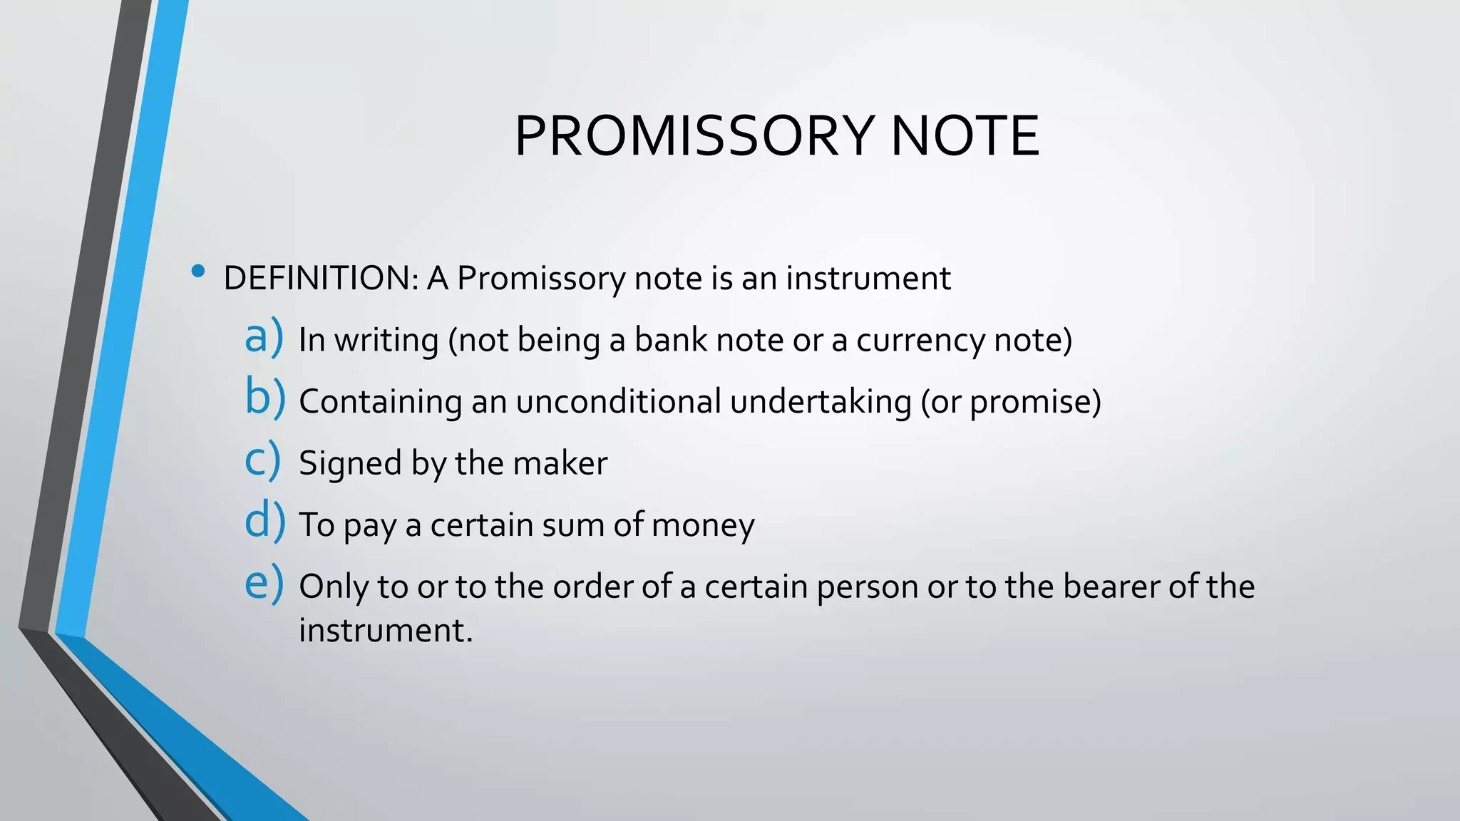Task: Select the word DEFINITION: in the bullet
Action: (321, 278)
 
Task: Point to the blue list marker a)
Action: (264, 337)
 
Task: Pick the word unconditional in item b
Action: (619, 402)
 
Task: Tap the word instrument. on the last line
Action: (386, 631)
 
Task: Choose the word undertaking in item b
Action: (821, 402)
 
